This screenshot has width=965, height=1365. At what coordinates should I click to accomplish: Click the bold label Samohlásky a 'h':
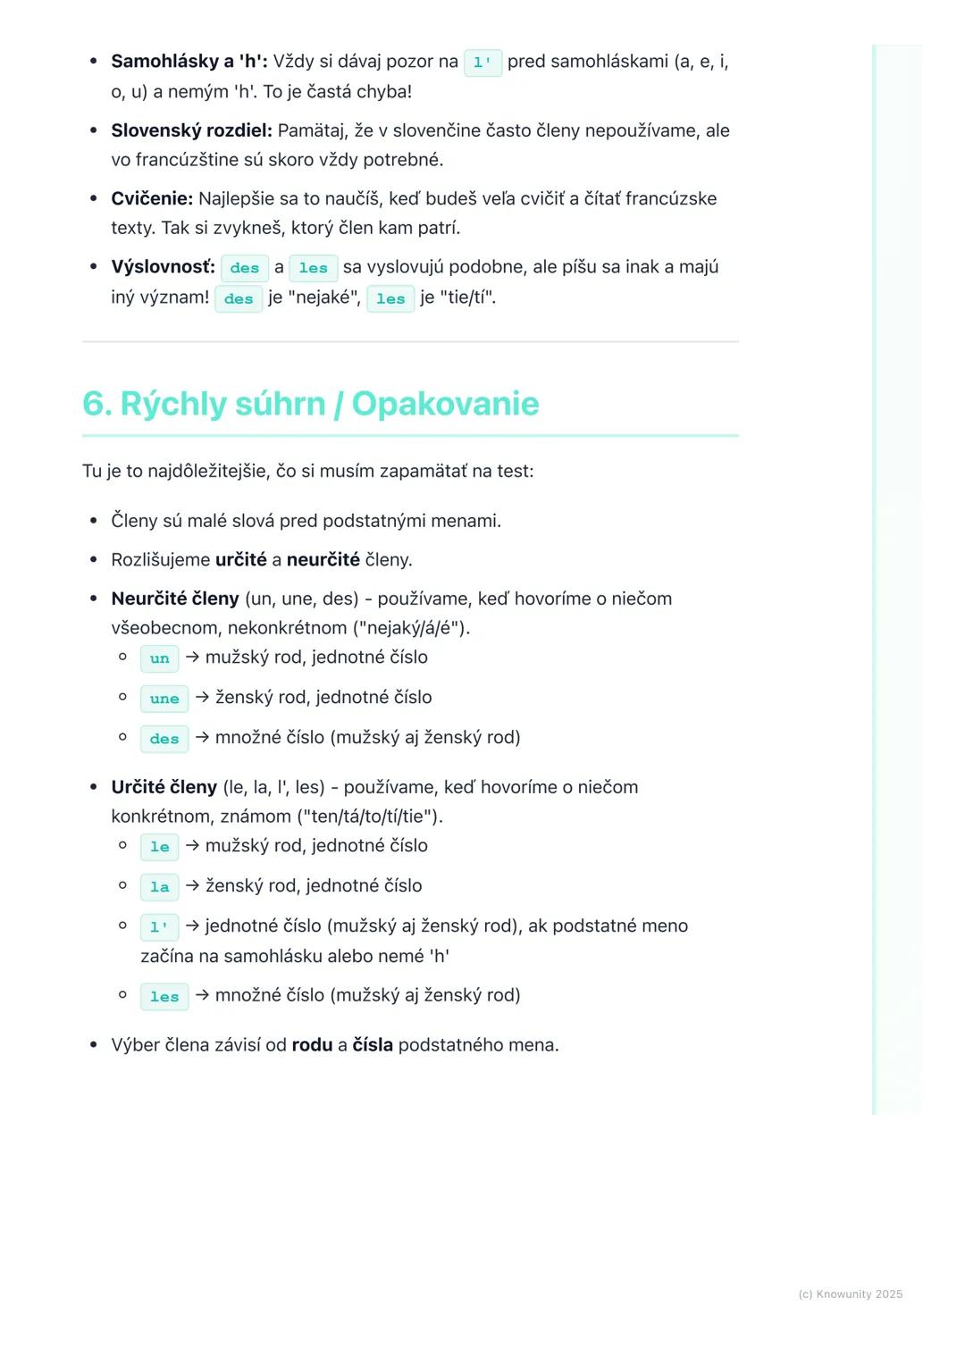(x=189, y=62)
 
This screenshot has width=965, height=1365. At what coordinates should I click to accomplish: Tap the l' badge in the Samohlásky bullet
(x=482, y=63)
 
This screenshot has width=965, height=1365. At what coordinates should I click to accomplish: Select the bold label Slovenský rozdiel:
(x=191, y=130)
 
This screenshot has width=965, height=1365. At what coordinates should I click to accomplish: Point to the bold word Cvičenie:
(x=152, y=198)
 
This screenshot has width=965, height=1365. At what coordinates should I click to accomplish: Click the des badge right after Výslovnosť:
(x=244, y=268)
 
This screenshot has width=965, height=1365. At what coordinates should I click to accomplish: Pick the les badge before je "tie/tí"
(x=390, y=299)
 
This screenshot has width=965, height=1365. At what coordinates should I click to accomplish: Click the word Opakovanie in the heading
(x=445, y=404)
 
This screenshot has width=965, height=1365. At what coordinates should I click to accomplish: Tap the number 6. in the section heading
(x=96, y=404)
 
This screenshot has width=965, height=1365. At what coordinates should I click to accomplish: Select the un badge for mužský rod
(x=160, y=658)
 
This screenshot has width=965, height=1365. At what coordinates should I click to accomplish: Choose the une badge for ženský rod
(x=164, y=699)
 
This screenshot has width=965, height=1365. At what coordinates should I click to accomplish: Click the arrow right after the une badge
(x=202, y=698)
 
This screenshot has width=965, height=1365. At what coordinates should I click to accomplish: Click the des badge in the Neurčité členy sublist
(x=164, y=739)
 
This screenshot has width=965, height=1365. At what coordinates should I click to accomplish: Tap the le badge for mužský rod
(x=160, y=847)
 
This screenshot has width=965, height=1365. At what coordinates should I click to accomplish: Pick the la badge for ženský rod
(x=160, y=887)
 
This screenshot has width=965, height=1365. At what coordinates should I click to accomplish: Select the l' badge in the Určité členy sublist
(x=160, y=927)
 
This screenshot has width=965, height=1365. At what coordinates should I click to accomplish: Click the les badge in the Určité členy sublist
(x=164, y=997)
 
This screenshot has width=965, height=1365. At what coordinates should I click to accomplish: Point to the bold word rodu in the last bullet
(x=312, y=1045)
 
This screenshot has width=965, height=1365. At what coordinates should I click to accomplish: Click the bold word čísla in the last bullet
(x=373, y=1045)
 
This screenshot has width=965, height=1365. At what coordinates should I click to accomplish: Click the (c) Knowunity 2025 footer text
(x=850, y=1294)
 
